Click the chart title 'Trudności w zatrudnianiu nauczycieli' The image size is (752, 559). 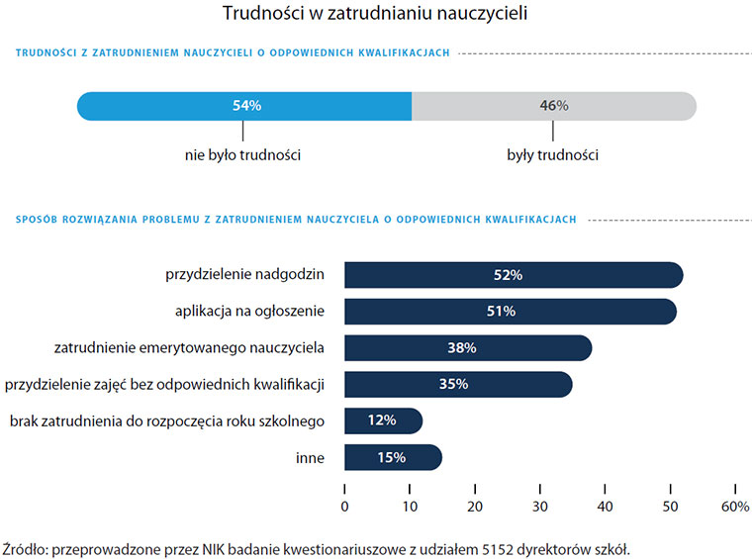[375, 15]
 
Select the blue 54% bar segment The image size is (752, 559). [244, 106]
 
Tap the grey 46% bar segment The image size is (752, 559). [554, 106]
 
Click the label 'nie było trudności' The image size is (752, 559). [242, 155]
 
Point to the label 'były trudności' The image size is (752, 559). [553, 155]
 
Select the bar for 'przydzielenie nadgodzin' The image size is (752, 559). [514, 275]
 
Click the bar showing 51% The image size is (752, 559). [510, 312]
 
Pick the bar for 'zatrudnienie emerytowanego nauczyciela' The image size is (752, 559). [467, 348]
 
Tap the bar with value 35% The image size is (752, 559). [457, 384]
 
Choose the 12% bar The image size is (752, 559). [383, 420]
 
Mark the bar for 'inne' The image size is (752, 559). [392, 457]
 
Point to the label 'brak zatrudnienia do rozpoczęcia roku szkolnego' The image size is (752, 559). [167, 420]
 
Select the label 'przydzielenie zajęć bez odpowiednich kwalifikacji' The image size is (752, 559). [167, 384]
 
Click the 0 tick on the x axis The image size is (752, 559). [344, 507]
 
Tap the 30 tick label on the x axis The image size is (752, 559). [540, 507]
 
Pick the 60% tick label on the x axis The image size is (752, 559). [735, 507]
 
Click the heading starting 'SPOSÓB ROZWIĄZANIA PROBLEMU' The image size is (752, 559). [296, 220]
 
